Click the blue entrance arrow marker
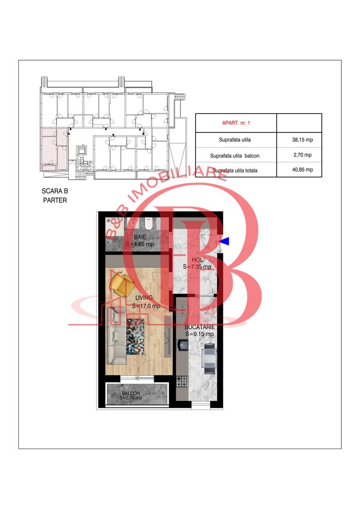(x=225, y=241)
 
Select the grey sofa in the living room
(x=116, y=336)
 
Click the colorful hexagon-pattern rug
(x=135, y=337)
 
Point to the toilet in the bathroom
(x=149, y=223)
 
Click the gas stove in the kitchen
(x=182, y=381)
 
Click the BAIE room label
(x=140, y=237)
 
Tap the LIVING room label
(x=144, y=298)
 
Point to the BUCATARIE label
(x=200, y=327)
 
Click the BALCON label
(x=131, y=393)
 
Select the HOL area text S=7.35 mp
(x=197, y=267)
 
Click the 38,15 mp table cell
(x=303, y=140)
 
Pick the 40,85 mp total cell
(x=303, y=170)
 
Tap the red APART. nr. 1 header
(x=236, y=123)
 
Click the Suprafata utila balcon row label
(x=235, y=156)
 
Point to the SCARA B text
(x=55, y=191)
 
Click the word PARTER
(x=55, y=200)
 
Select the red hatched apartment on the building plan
(x=54, y=149)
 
